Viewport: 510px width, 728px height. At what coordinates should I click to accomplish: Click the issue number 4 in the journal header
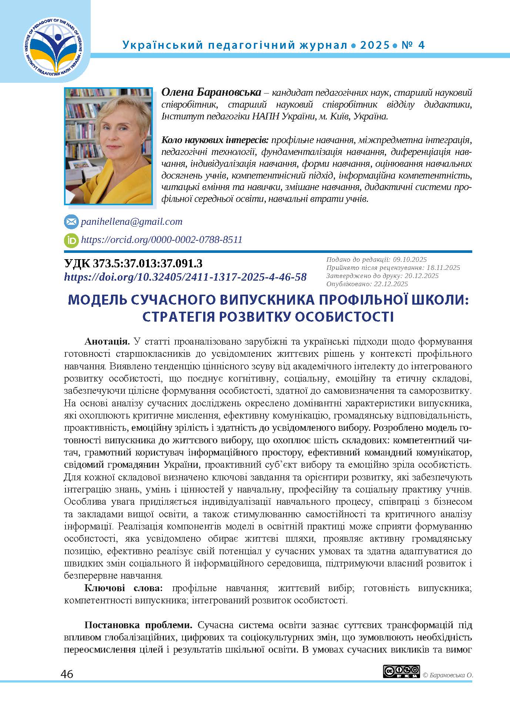(x=421, y=45)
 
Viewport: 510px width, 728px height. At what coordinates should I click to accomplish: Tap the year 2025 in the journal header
(x=375, y=45)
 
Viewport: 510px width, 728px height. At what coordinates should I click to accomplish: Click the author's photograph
(x=108, y=146)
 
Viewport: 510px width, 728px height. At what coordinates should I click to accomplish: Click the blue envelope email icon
(x=71, y=222)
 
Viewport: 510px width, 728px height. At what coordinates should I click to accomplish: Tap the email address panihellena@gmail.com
(x=131, y=222)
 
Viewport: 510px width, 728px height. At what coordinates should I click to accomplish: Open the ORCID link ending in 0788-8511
(x=161, y=240)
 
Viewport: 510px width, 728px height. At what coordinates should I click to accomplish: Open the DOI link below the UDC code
(x=185, y=277)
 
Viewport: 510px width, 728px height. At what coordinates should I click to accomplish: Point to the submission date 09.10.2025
(x=409, y=260)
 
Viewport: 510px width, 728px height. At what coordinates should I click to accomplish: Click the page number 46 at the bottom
(x=67, y=674)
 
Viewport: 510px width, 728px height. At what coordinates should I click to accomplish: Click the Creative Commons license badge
(x=401, y=671)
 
